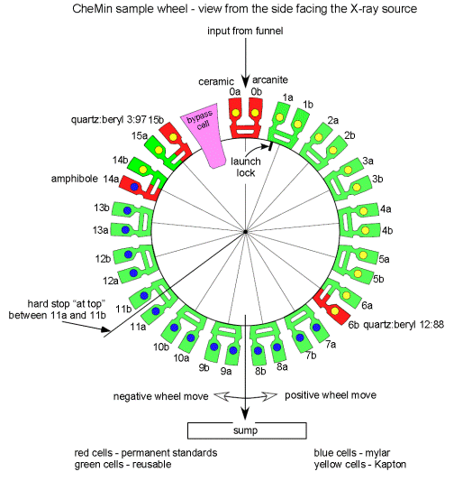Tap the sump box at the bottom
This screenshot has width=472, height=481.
(247, 430)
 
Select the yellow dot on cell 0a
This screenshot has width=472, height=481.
(235, 113)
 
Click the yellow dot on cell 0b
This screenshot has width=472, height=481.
(255, 113)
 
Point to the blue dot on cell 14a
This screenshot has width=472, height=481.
(134, 187)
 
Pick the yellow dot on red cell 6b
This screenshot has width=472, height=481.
(335, 311)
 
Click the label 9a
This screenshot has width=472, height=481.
(226, 371)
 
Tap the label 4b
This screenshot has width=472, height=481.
(387, 230)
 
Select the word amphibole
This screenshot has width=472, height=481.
(75, 179)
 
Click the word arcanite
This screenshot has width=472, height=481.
(270, 79)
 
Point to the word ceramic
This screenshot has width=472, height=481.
(216, 81)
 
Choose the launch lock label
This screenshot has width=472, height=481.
(246, 167)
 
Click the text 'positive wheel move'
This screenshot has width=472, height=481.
(331, 395)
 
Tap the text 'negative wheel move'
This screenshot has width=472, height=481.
(160, 396)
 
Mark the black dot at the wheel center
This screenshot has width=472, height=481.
(245, 232)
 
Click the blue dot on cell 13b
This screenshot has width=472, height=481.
(127, 210)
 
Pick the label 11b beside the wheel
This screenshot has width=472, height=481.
(123, 309)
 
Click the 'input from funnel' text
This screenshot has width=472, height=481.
(245, 31)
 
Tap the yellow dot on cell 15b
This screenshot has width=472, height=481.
(173, 137)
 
